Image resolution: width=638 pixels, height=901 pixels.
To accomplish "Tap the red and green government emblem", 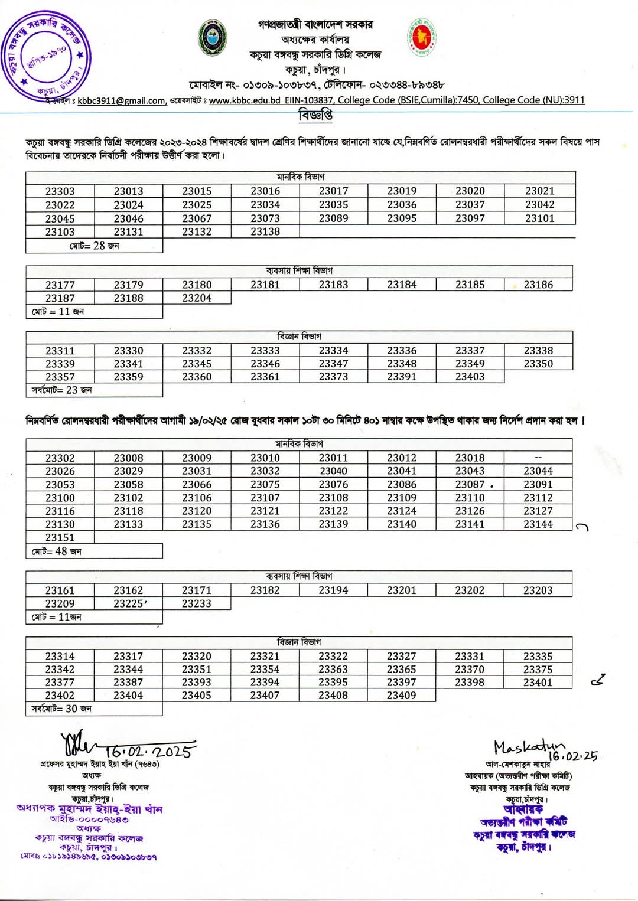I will point(421,37).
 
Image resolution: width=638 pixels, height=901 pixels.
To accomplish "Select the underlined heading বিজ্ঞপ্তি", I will point(315,115).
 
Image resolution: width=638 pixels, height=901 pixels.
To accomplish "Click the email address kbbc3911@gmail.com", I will point(121,101).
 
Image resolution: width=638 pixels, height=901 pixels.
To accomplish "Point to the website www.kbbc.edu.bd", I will point(245,100).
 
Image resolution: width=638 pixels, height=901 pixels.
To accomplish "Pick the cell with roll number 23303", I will point(60,191).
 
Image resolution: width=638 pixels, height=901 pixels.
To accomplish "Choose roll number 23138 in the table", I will point(265,232).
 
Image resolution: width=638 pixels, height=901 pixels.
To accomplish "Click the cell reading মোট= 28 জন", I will point(94,246).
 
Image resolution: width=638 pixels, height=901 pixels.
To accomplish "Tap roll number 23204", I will point(197,298).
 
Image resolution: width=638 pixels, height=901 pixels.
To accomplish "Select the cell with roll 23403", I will point(470,377).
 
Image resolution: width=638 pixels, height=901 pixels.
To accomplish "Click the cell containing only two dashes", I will point(538,458).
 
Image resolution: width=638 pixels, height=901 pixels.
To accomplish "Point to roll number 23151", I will point(60,537).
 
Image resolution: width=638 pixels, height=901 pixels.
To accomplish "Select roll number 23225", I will point(129,603).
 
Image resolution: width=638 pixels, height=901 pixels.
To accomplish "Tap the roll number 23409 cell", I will point(402,696).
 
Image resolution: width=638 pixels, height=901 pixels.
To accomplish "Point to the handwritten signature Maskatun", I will point(527,747).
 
